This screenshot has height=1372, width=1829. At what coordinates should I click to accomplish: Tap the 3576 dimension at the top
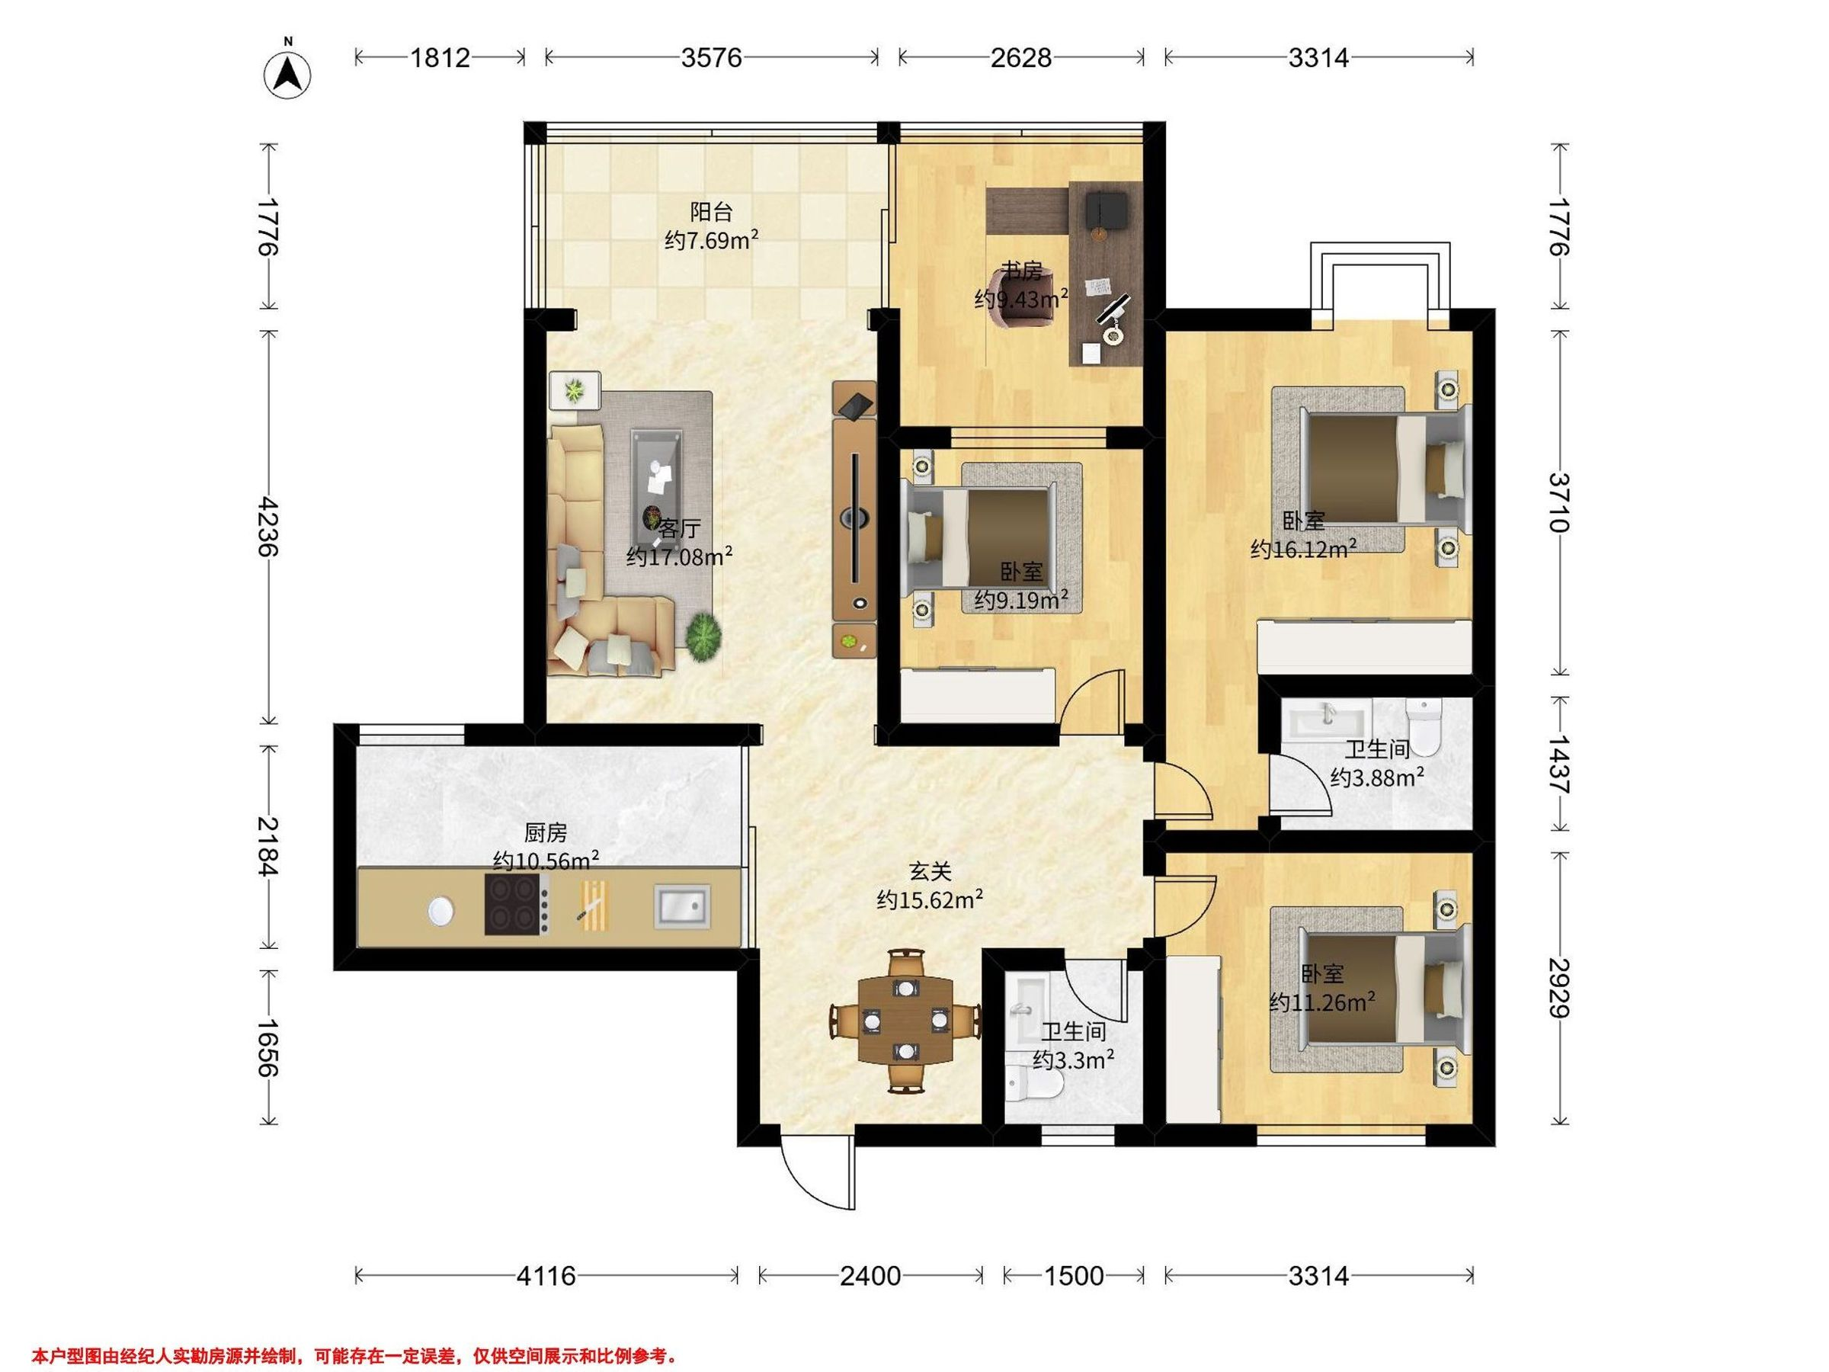pos(711,57)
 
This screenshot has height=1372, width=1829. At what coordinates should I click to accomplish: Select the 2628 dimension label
pos(1021,57)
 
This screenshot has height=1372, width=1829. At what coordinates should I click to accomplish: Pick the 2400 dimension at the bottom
pos(870,1276)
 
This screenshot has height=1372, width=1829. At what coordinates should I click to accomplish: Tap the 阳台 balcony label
pos(711,212)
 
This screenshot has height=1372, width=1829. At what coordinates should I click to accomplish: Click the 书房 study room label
pos(1022,271)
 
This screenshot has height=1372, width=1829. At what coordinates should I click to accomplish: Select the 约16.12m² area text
pos(1304,549)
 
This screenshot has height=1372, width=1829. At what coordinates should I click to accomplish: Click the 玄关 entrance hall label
pos(931,870)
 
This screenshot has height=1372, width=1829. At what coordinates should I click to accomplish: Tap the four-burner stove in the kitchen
pos(517,905)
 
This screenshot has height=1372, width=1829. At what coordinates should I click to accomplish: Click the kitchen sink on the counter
pos(682,905)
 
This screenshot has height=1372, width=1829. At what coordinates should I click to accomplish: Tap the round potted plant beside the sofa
pos(703,636)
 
